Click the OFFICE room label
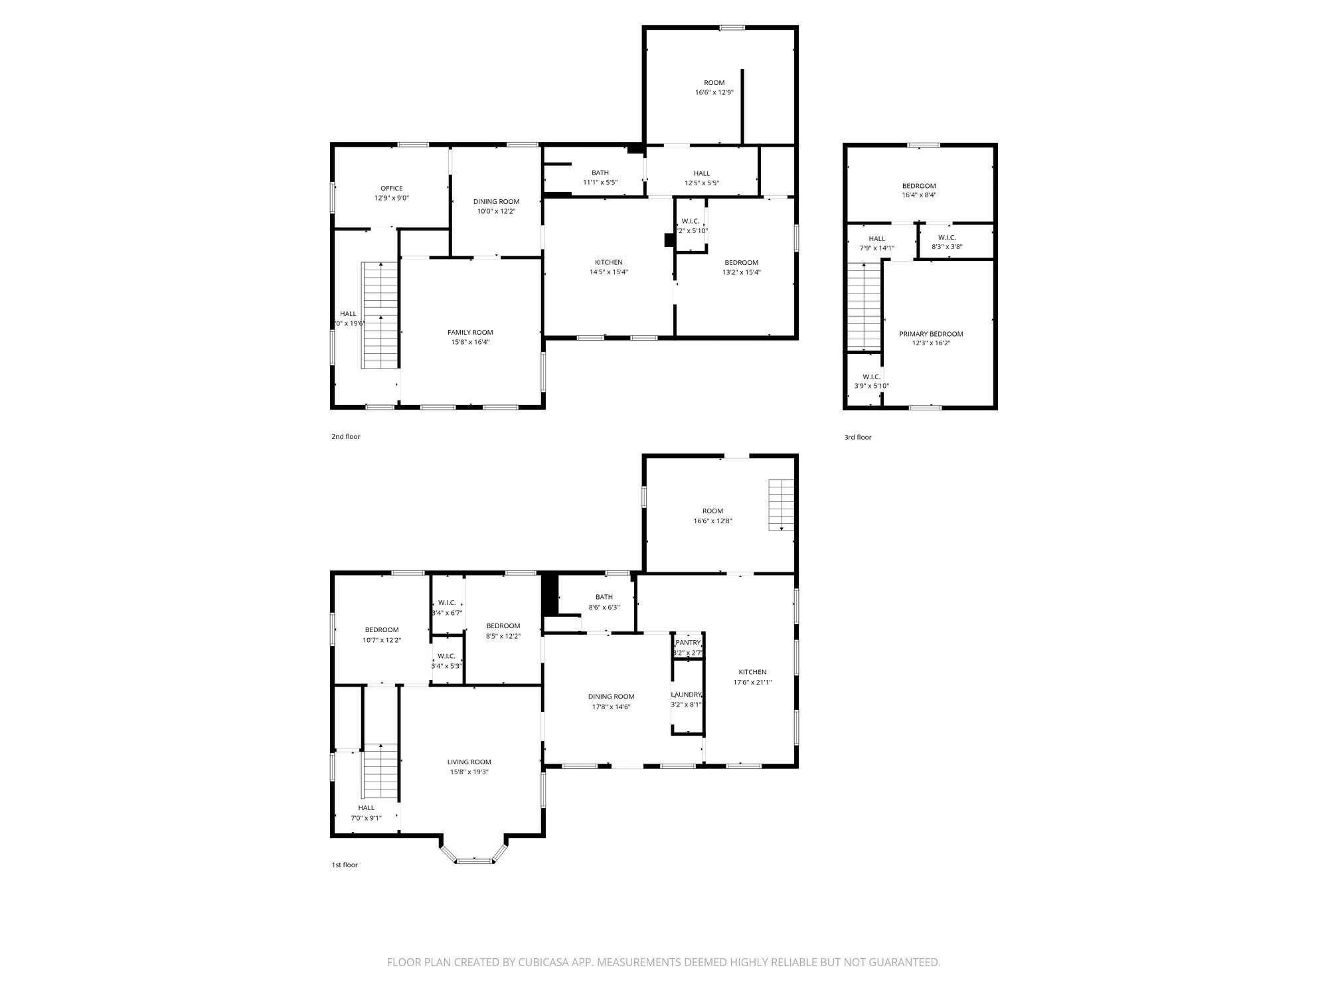(x=391, y=189)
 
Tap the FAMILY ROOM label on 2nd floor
(x=470, y=333)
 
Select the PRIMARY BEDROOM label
(x=931, y=334)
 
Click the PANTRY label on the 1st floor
(x=688, y=643)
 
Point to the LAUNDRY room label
(x=686, y=695)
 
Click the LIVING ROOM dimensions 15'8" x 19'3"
(x=469, y=772)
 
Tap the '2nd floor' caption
(x=345, y=437)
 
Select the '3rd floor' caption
(x=858, y=438)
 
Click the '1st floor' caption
(x=345, y=865)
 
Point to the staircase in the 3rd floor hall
(x=864, y=305)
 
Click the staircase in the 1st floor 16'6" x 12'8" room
(x=782, y=505)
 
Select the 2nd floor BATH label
(x=600, y=173)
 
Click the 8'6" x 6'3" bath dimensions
(x=604, y=608)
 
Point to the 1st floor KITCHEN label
(x=752, y=672)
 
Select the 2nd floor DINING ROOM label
(x=496, y=202)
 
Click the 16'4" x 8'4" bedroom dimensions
(x=919, y=196)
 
